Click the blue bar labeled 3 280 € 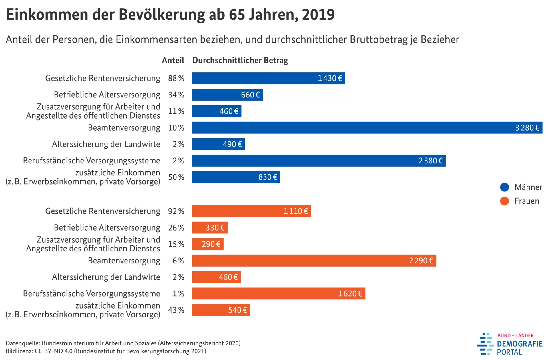tap(367, 128)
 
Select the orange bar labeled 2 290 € tap(314, 261)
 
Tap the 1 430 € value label tap(330, 78)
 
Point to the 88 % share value tap(176, 78)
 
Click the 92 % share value tap(176, 211)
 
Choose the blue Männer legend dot tap(505, 187)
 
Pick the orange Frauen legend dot tap(505, 201)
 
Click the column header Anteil tap(173, 60)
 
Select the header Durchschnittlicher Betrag tap(240, 60)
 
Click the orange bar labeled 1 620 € tap(278, 294)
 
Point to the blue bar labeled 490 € tap(218, 144)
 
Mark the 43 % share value tap(176, 310)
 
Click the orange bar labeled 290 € tap(208, 244)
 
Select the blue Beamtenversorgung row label tap(124, 128)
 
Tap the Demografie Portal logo tap(510, 344)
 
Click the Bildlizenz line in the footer tap(106, 351)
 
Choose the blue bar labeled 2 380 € tap(319, 161)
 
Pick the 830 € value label tap(268, 177)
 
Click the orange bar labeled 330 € tap(210, 228)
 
